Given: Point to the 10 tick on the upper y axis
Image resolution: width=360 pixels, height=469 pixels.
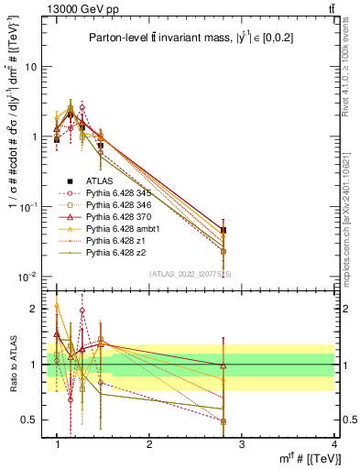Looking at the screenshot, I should (31, 67).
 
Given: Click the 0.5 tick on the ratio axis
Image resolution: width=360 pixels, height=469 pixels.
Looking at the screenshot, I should (29, 420).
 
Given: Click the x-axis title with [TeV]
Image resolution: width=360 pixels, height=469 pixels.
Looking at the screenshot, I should (294, 458).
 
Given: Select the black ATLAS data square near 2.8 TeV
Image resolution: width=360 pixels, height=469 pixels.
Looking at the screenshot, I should (224, 231).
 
